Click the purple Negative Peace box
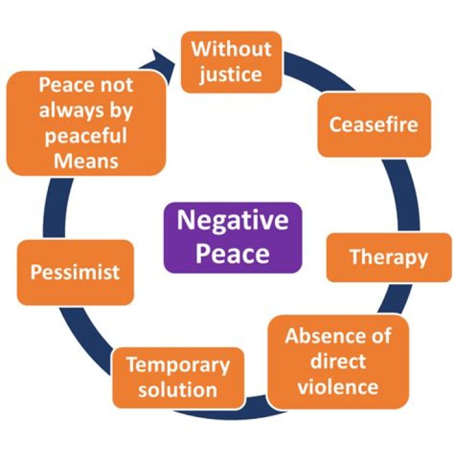[233, 238]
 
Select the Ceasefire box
[373, 125]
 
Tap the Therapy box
[388, 257]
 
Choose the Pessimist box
[75, 272]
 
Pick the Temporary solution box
[177, 376]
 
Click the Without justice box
[231, 62]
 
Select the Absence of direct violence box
[337, 362]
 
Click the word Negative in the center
[233, 221]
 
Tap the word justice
[231, 74]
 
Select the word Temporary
[177, 365]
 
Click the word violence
[338, 386]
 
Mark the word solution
[177, 389]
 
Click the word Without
[231, 49]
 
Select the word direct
[338, 361]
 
